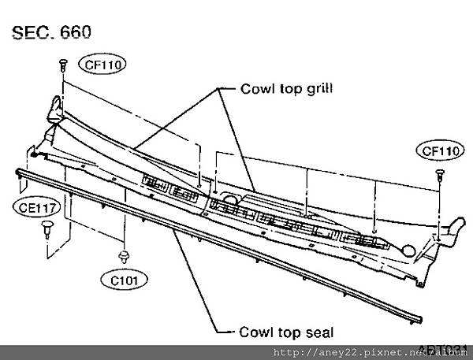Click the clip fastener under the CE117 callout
48,228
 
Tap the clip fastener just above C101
125,254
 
